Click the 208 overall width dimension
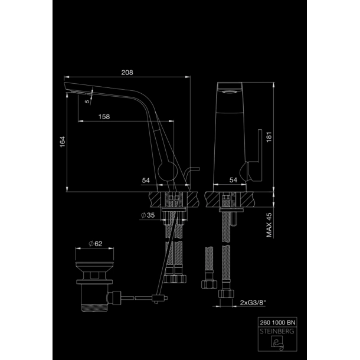(127, 73)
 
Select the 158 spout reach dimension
(104, 117)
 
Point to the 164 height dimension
(63, 142)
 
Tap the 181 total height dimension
(269, 137)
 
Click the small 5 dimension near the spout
(87, 102)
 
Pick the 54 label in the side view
(146, 180)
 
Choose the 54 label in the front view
(233, 180)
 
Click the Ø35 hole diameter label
(148, 215)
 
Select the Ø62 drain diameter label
(96, 244)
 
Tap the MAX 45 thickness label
(269, 225)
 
